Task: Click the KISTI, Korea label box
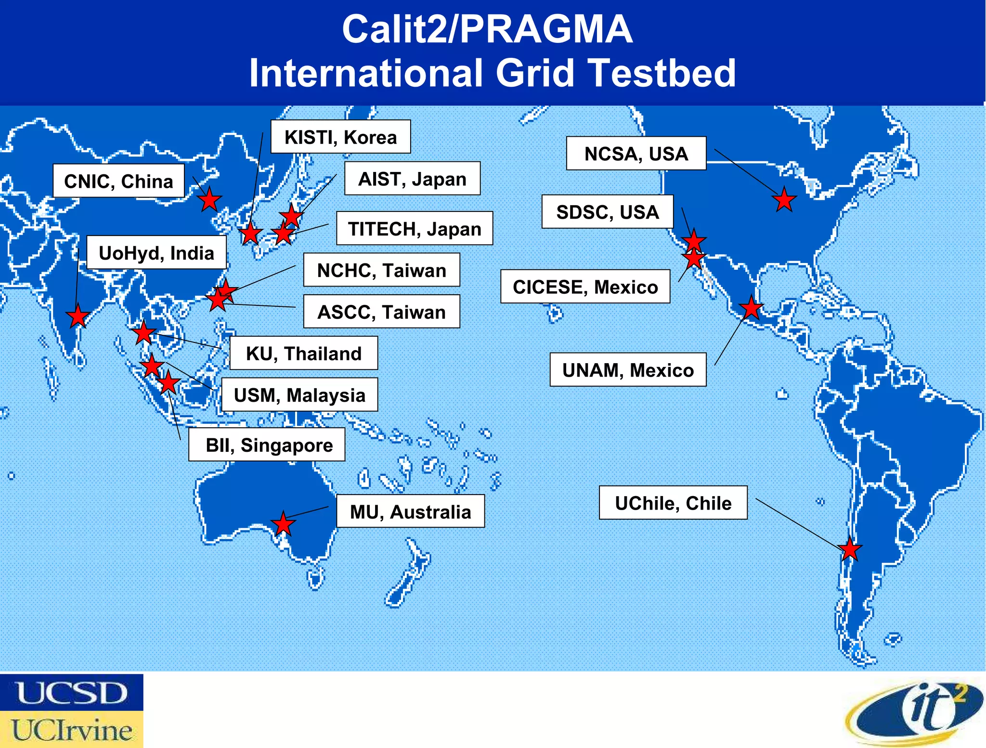(340, 137)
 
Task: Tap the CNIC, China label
(118, 181)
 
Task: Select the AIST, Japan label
(412, 179)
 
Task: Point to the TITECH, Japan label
(414, 228)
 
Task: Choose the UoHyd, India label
(156, 252)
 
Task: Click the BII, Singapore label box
(267, 445)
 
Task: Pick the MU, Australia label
(410, 511)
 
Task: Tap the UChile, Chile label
(673, 503)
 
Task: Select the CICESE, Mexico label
(585, 287)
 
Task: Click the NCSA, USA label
(636, 154)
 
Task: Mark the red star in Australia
(283, 524)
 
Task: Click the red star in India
(78, 316)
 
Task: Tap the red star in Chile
(850, 549)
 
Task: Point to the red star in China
(209, 199)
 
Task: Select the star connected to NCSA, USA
(784, 200)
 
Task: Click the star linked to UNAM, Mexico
(751, 308)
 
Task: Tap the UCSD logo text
(72, 693)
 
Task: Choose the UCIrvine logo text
(72, 730)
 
